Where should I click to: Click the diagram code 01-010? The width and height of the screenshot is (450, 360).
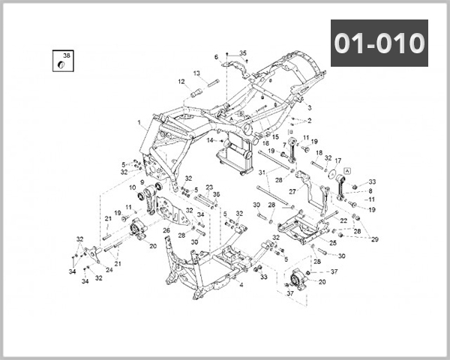[379, 43]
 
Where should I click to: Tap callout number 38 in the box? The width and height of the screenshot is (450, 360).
[66, 56]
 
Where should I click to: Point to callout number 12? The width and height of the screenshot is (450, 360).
[181, 82]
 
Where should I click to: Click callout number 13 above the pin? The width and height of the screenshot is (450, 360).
[196, 73]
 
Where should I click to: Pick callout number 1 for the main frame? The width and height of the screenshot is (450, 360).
[216, 57]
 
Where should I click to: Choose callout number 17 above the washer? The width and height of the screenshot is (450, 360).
[337, 160]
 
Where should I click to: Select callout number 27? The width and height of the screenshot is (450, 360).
[292, 191]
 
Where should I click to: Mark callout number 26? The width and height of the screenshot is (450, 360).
[166, 230]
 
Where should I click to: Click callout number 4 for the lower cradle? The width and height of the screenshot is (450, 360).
[241, 285]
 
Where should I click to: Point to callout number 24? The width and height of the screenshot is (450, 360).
[108, 269]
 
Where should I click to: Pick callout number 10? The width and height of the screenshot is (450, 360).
[133, 187]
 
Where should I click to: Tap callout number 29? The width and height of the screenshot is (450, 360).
[375, 239]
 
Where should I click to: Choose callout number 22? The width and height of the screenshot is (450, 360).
[343, 221]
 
